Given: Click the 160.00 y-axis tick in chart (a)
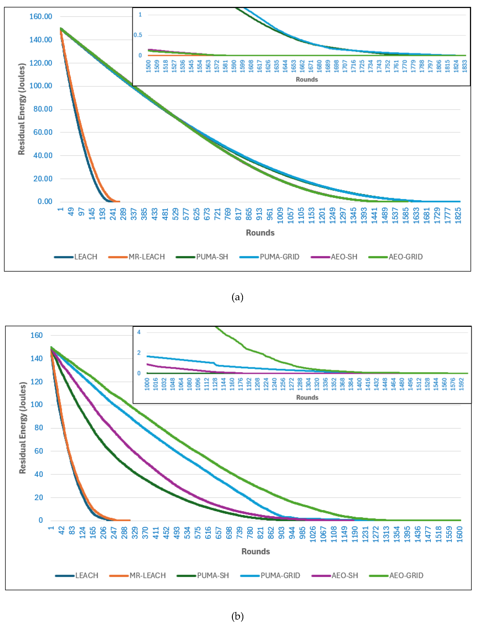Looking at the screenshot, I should [x=41, y=16].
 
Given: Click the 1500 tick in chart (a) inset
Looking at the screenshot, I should [x=148, y=66].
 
